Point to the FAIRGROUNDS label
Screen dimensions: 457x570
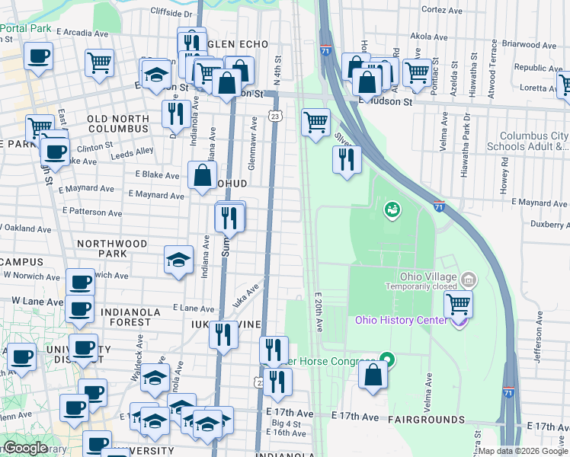tap(426, 420)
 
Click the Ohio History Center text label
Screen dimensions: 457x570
tap(401, 320)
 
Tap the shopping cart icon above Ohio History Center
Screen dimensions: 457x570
tap(458, 304)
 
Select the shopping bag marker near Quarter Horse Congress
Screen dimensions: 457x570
tap(373, 375)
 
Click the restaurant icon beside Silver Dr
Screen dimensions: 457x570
tap(346, 158)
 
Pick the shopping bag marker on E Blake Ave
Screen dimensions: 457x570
tap(203, 175)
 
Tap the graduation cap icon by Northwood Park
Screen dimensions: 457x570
tap(178, 260)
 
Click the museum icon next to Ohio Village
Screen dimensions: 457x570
tap(469, 281)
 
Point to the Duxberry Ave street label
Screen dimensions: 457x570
tap(541, 225)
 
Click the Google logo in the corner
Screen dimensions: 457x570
tap(25, 449)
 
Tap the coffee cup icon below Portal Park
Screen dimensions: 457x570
tap(38, 56)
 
